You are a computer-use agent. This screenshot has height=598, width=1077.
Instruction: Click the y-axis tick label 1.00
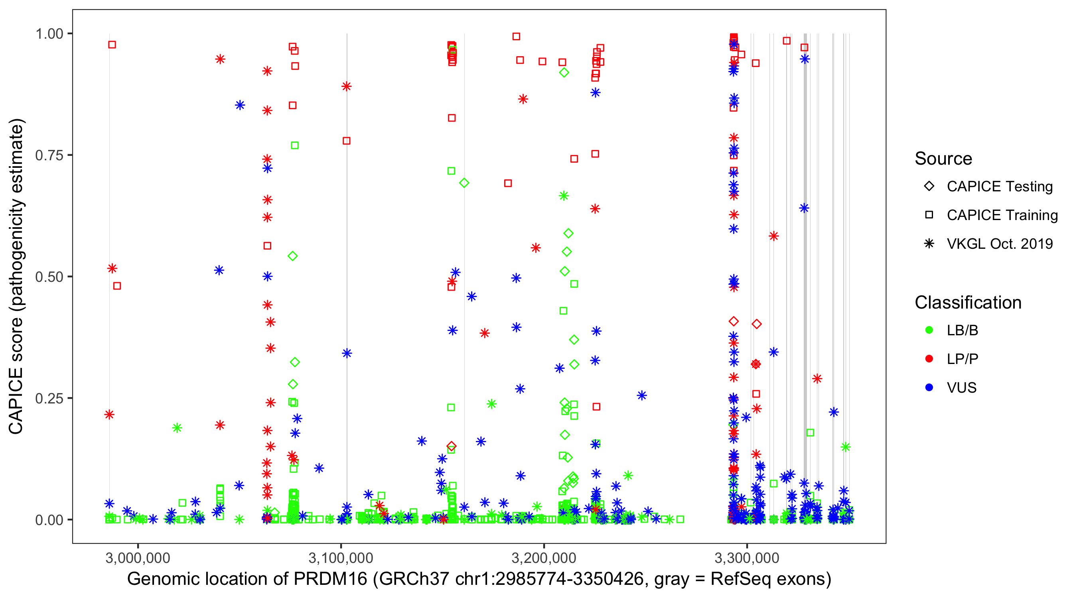click(49, 33)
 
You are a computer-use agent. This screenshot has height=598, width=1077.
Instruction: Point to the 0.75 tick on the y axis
click(49, 155)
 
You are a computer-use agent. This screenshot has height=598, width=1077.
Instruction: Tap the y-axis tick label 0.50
click(49, 277)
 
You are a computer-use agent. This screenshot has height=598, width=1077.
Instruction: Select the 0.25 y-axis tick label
click(49, 398)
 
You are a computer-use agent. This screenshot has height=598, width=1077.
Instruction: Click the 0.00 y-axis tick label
click(49, 520)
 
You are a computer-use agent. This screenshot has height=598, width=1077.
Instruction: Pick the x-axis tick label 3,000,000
click(138, 557)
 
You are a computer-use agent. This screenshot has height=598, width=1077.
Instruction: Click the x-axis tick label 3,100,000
click(341, 557)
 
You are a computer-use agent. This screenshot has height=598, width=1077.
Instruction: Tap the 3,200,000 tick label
click(544, 557)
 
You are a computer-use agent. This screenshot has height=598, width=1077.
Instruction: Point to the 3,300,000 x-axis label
click(747, 557)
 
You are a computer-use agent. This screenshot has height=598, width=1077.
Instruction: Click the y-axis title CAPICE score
click(17, 277)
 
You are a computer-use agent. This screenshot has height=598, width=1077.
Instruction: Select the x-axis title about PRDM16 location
click(479, 579)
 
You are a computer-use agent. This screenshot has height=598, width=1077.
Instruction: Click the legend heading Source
click(943, 159)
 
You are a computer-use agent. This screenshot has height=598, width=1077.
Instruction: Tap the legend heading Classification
click(968, 303)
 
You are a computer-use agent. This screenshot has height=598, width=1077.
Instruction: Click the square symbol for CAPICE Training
click(929, 215)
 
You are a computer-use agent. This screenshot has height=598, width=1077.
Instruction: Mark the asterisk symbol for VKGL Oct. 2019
click(929, 244)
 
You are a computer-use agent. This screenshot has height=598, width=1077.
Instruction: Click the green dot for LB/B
click(929, 330)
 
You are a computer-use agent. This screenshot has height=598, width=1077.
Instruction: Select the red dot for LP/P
click(929, 359)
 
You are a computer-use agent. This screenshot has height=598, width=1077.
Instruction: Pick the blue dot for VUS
click(929, 388)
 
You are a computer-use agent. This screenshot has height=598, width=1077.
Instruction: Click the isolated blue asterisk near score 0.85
click(240, 105)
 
